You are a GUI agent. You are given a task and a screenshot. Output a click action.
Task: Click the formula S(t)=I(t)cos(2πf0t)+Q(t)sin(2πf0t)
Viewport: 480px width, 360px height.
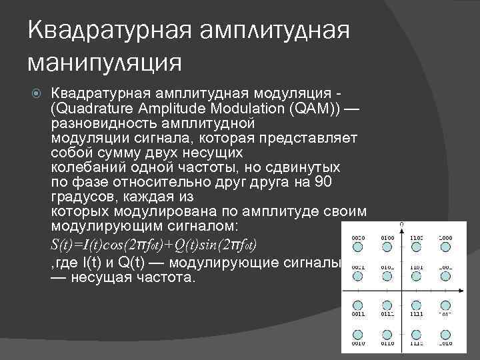[x=154, y=243]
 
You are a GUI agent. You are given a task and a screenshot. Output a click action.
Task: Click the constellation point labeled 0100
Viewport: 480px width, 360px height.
[x=386, y=247]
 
